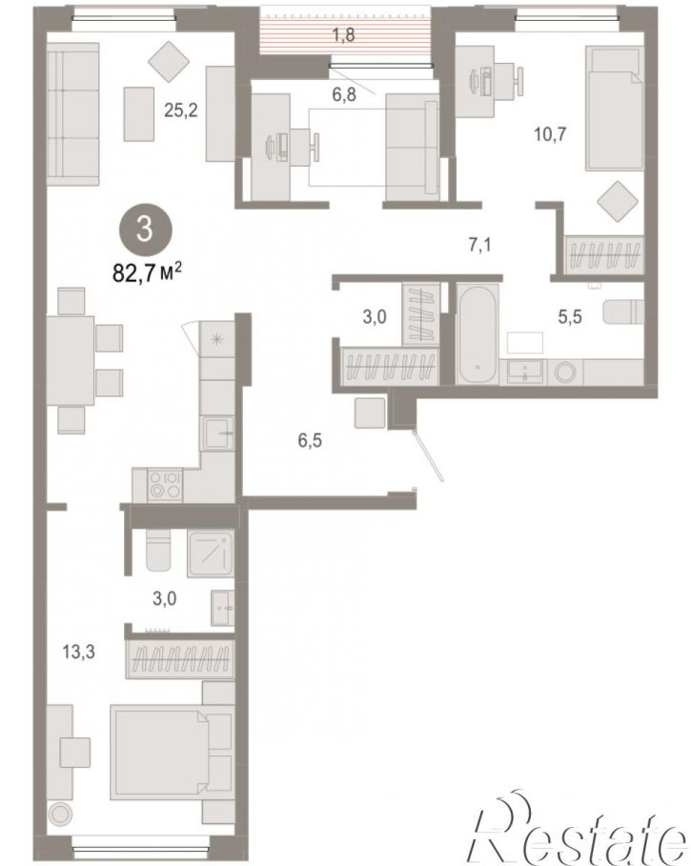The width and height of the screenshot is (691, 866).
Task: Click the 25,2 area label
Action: click(x=181, y=111)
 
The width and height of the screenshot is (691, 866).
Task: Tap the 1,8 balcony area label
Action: click(x=343, y=35)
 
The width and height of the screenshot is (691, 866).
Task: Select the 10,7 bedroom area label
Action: click(x=550, y=134)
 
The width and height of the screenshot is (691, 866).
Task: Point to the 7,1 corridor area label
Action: click(x=479, y=244)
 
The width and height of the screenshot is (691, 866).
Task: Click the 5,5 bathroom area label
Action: click(x=570, y=317)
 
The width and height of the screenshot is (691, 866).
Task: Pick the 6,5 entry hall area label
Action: click(x=310, y=441)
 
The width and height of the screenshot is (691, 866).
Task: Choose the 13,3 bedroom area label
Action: click(x=78, y=653)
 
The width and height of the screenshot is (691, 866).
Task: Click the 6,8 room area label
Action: click(x=343, y=94)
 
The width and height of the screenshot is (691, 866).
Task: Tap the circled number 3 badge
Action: click(x=145, y=229)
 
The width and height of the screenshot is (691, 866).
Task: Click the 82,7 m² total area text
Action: click(x=148, y=272)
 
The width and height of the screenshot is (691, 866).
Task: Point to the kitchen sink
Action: click(x=217, y=434)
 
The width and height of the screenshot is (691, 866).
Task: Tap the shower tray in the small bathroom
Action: click(x=211, y=554)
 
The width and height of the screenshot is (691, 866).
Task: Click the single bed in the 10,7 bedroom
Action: click(x=614, y=108)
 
